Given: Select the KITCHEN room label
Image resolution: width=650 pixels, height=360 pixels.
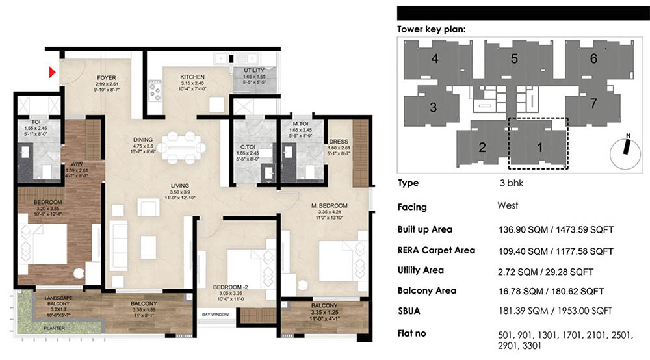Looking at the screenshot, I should click(x=192, y=77).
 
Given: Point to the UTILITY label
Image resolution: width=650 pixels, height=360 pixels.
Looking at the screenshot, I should click(x=253, y=70).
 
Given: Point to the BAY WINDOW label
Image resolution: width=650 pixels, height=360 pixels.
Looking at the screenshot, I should click(x=214, y=315).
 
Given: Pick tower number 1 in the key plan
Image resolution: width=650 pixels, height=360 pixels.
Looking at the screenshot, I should click(x=539, y=147).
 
